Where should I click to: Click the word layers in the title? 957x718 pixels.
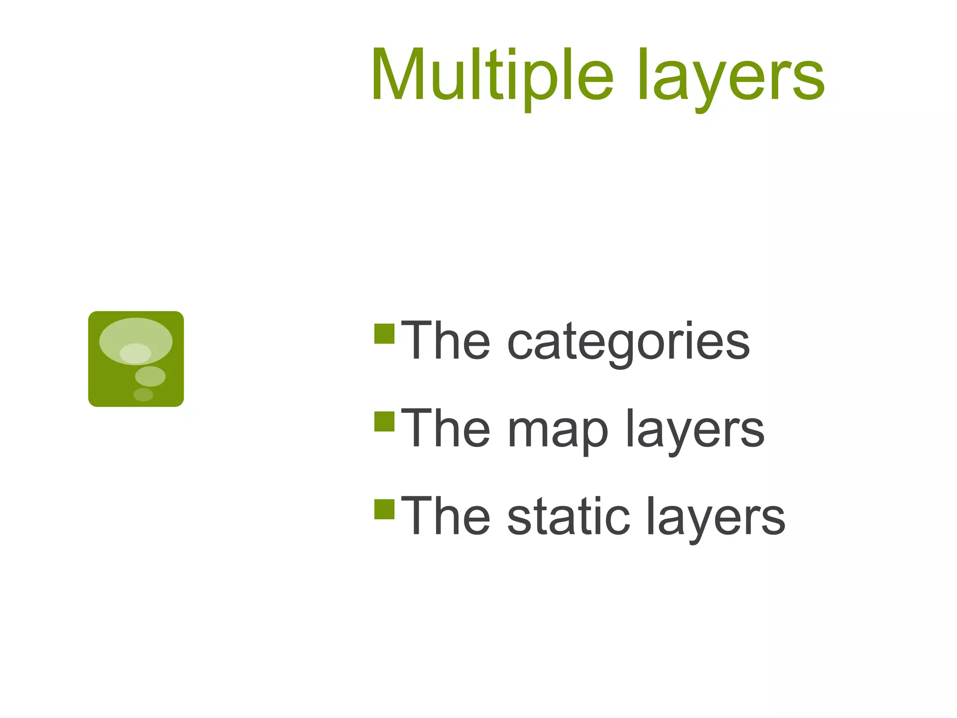pos(731,77)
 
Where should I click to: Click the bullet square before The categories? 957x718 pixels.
pos(385,333)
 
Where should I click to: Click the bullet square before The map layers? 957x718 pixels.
pos(385,421)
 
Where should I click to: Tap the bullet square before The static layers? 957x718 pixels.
pos(385,509)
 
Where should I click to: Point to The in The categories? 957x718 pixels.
pos(446,341)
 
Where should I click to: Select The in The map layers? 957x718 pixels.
pos(446,429)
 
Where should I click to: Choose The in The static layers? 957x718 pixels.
pos(446,517)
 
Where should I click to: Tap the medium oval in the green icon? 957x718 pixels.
pos(150,376)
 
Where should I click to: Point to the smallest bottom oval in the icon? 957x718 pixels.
pos(143,395)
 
